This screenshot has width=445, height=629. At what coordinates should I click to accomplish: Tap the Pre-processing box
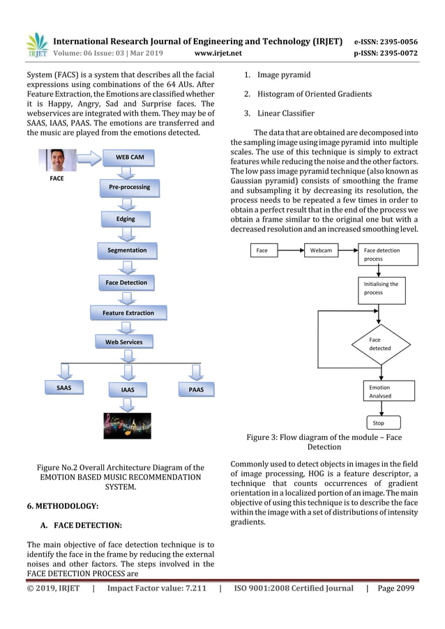(126, 188)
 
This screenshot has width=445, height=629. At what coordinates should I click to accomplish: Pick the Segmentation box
(126, 250)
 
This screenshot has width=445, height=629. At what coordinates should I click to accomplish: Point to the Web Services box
(123, 342)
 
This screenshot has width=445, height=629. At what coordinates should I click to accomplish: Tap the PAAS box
(196, 389)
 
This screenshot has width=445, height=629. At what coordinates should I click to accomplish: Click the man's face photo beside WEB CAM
(61, 160)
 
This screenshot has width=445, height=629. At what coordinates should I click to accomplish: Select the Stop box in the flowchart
(379, 423)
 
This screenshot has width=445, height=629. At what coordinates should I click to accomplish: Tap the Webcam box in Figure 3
(321, 250)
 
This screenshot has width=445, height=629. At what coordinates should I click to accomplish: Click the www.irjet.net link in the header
(218, 52)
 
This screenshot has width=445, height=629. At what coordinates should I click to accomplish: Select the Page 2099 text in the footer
(395, 589)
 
